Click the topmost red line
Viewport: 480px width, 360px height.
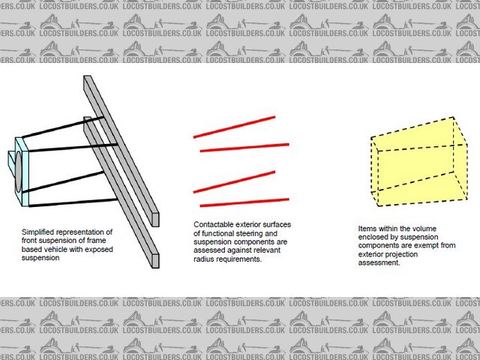pos(234,127)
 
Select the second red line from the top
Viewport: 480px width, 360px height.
pos(244,148)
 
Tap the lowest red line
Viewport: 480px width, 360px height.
pos(244,202)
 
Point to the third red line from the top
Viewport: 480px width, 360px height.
pos(234,181)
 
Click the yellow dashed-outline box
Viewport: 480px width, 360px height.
pos(419,161)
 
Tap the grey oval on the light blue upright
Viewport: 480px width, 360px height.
pos(19,172)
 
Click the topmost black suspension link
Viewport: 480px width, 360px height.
pos(63,127)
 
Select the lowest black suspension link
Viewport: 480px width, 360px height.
pos(73,203)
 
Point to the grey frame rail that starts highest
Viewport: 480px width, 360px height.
pos(121,151)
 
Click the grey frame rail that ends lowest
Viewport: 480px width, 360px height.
pos(121,192)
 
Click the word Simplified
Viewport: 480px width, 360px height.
pos(37,232)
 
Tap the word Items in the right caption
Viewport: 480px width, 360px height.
pos(367,229)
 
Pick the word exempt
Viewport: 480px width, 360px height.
pos(429,245)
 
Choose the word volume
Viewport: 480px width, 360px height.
pos(426,229)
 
